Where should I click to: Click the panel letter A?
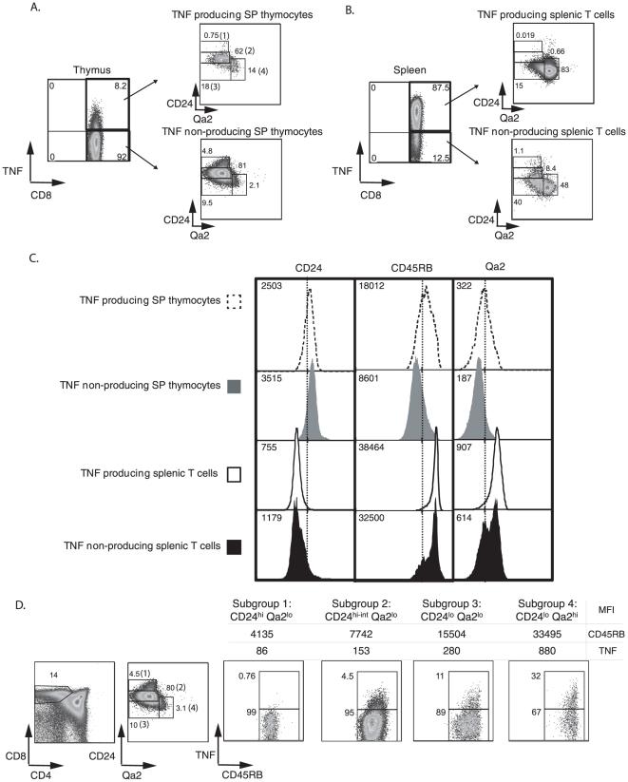pos(35,9)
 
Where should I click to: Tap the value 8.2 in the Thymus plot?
pos(121,86)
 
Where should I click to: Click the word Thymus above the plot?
pos(92,69)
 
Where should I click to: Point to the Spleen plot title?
pos(409,70)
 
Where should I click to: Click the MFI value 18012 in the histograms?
pos(370,286)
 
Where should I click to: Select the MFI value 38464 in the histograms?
pos(371,448)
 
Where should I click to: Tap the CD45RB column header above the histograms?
pos(411,268)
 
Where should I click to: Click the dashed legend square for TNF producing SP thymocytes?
pos(234,302)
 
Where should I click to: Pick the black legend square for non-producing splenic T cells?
pos(234,546)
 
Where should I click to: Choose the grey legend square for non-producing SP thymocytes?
pos(234,386)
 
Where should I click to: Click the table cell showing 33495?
pos(547,634)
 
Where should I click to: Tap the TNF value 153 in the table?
pos(361,650)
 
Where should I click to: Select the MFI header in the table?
pos(606,609)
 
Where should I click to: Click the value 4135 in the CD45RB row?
pos(261,634)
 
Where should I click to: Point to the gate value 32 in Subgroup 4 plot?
pos(536,677)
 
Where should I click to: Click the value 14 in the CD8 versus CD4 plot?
pos(54,675)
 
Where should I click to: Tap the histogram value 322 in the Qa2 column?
pos(464,286)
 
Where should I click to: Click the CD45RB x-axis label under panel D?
pos(242,774)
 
